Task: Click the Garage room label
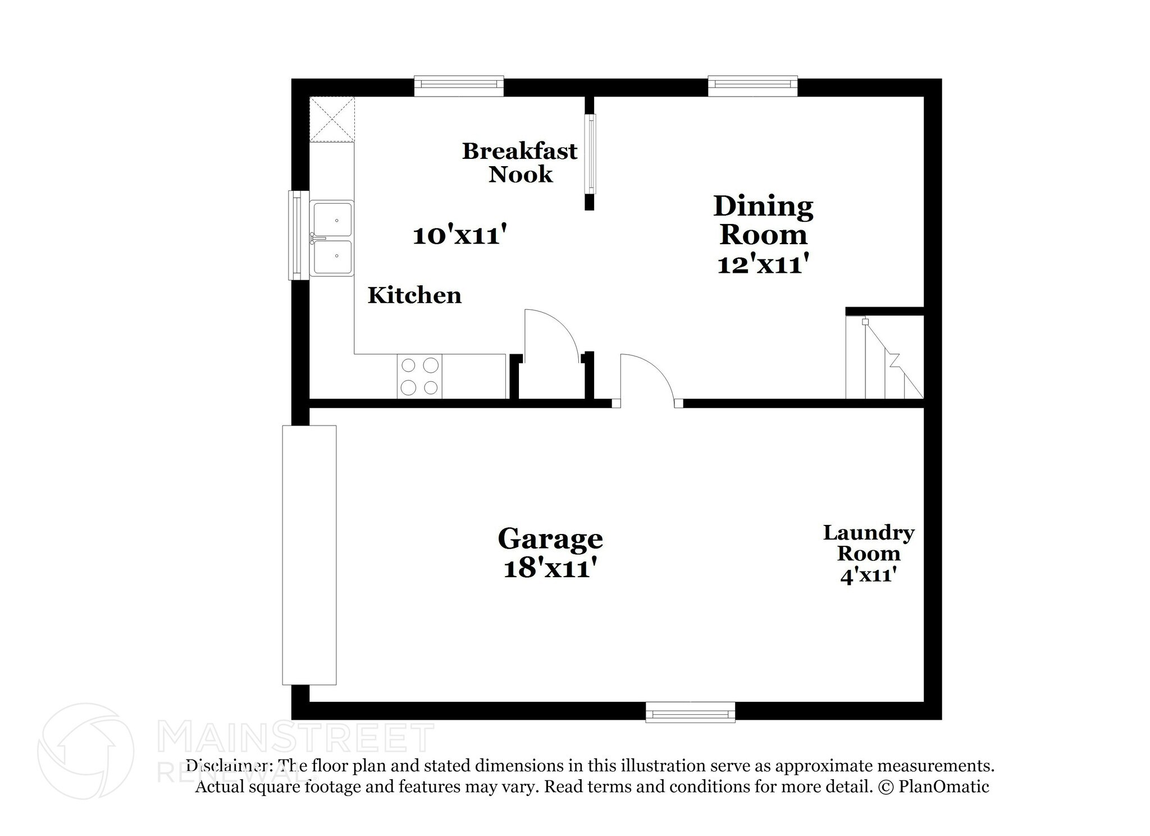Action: [x=550, y=539]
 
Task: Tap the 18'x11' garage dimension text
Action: [x=549, y=569]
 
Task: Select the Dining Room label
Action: [x=763, y=221]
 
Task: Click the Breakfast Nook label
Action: [x=519, y=163]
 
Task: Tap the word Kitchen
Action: [x=414, y=295]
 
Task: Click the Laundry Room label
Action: [x=869, y=543]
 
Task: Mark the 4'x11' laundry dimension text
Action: [x=866, y=576]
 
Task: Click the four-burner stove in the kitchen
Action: [x=419, y=376]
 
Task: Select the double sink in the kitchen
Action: [x=332, y=239]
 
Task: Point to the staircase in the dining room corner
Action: [x=884, y=359]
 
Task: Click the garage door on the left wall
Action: [x=309, y=555]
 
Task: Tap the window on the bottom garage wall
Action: [x=690, y=712]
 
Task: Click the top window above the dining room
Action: [x=752, y=85]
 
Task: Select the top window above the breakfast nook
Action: [x=459, y=85]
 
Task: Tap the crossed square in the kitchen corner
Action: [x=332, y=119]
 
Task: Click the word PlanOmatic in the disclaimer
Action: [x=944, y=787]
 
